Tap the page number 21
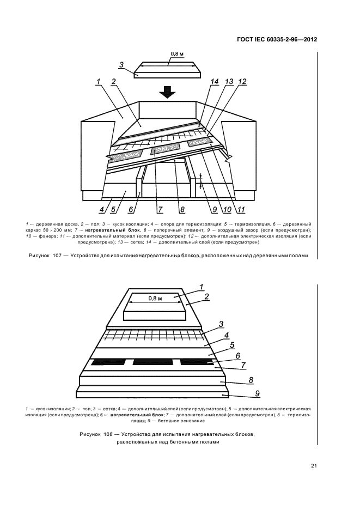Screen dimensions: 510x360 point(314,465)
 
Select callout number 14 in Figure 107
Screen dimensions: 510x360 point(215,82)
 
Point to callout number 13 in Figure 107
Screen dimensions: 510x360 point(229,82)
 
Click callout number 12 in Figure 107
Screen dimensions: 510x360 point(242,82)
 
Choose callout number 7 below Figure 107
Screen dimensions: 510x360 point(160,209)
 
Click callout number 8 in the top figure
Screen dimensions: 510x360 point(182,209)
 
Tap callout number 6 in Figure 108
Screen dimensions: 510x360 point(222,356)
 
